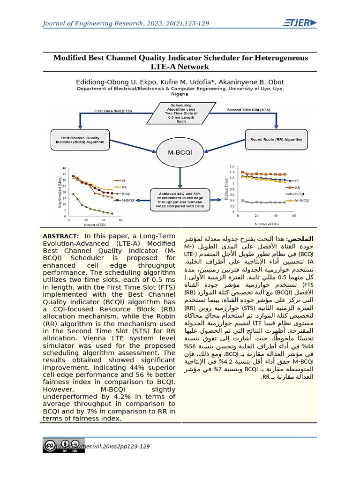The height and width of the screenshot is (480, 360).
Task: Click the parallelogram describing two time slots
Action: (181, 113)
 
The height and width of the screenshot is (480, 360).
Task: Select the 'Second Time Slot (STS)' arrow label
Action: (248, 110)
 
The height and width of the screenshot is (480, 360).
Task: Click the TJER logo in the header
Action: (300, 23)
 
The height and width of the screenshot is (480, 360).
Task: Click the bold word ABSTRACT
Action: (60, 236)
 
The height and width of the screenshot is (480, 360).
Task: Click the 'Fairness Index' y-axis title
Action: (226, 186)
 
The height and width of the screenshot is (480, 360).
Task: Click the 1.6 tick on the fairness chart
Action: (231, 166)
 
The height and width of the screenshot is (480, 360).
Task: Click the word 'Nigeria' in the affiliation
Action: (180, 94)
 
